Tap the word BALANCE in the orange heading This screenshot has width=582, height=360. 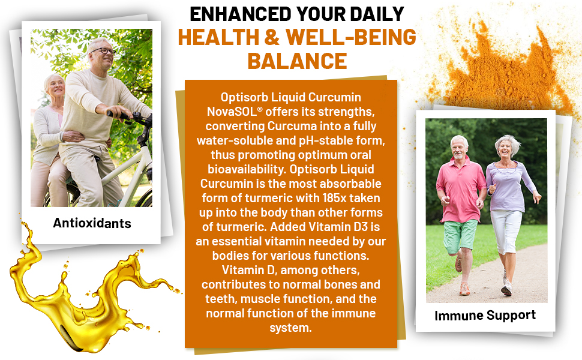tap(297, 61)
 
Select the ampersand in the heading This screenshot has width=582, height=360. tap(272, 37)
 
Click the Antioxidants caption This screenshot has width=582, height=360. tap(92, 223)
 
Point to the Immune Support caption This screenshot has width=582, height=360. tap(485, 316)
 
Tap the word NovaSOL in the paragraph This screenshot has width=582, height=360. tap(234, 112)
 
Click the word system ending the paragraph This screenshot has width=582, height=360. tap(290, 328)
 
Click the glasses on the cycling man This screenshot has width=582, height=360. tap(104, 51)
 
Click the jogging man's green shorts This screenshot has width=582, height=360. tap(460, 235)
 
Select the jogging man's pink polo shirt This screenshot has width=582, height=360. tap(461, 189)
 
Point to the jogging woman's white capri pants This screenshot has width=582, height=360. tap(506, 231)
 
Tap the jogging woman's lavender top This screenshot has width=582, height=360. tap(509, 185)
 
